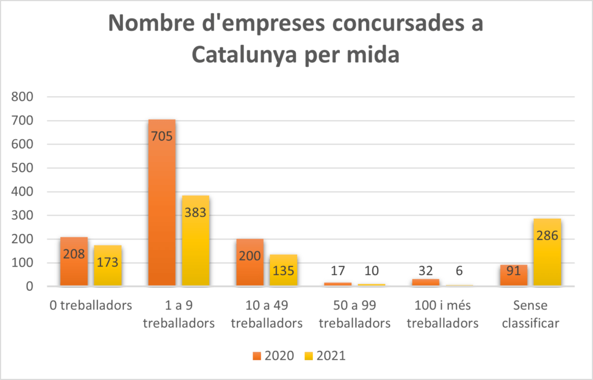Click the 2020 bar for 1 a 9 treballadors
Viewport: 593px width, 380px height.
pyautogui.click(x=162, y=203)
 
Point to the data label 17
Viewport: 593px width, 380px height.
pyautogui.click(x=338, y=270)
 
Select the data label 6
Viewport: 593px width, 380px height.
pyautogui.click(x=459, y=270)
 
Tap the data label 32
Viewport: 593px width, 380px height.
pyautogui.click(x=426, y=270)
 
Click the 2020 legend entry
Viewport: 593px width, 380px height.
pyautogui.click(x=274, y=356)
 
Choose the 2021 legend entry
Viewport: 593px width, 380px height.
pyautogui.click(x=325, y=356)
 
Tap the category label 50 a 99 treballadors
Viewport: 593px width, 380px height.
pyautogui.click(x=354, y=314)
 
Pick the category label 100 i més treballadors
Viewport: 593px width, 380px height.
pyautogui.click(x=442, y=314)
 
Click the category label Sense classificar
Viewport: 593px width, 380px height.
pyautogui.click(x=530, y=314)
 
